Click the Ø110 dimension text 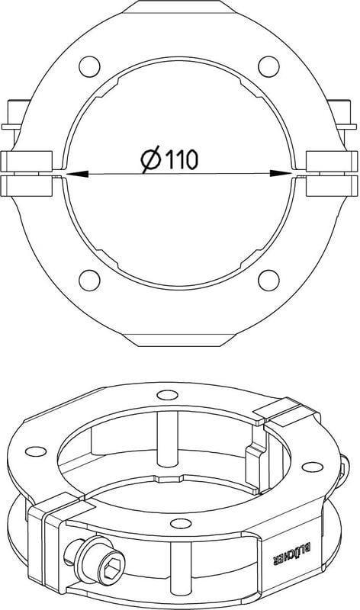point(169,159)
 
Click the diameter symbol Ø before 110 point(150,159)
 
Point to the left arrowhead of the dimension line point(76,174)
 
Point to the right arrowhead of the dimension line point(281,174)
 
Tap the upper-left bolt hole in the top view point(89,66)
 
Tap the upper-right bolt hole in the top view point(268,66)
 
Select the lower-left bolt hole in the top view point(89,280)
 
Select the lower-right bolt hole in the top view point(268,280)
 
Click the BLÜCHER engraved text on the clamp point(292,554)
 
